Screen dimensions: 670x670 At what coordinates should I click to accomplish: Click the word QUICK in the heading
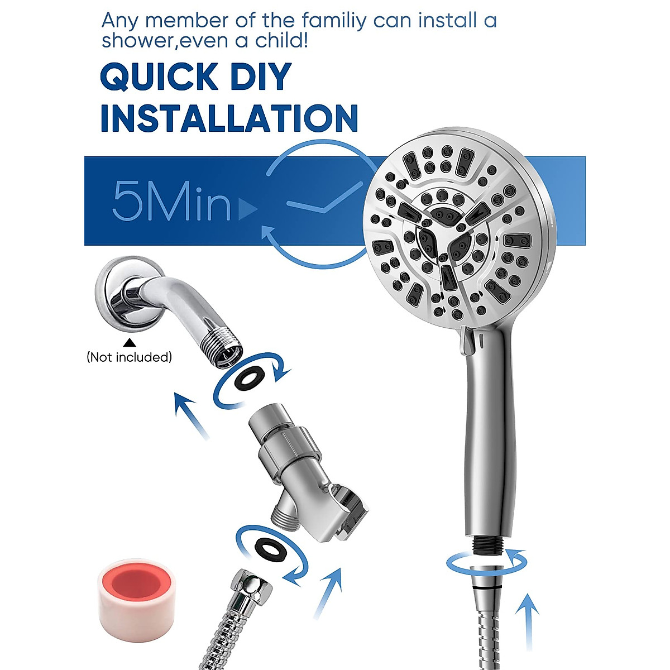[x=159, y=77]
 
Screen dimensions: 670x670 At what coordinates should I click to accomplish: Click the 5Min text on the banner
[x=172, y=201]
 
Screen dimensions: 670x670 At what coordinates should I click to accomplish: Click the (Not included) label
[x=129, y=357]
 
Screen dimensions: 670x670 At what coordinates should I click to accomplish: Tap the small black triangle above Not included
[x=129, y=342]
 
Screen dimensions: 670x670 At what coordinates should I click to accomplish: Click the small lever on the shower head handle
[x=463, y=341]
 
